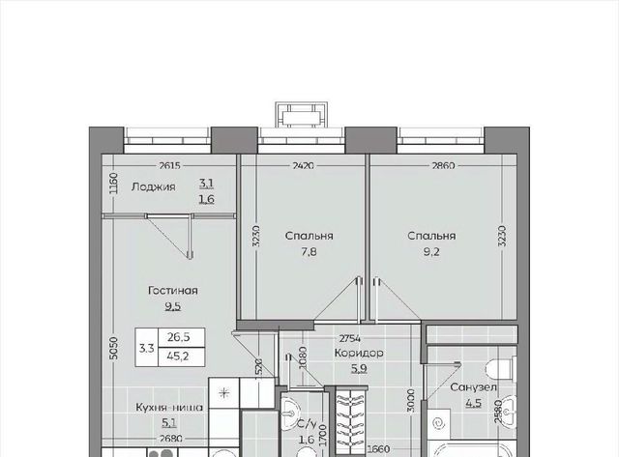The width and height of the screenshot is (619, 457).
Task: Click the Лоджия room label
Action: pyautogui.click(x=153, y=186)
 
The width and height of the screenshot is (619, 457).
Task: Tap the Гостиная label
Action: pyautogui.click(x=173, y=291)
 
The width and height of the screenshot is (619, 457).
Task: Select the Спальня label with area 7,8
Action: pyautogui.click(x=309, y=236)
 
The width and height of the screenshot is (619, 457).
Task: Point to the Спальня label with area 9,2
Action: pyautogui.click(x=431, y=236)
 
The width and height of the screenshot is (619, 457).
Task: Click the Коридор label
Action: pyautogui.click(x=359, y=353)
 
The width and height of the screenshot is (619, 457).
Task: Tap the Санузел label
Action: pyautogui.click(x=473, y=387)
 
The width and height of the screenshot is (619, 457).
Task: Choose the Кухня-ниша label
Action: pyautogui.click(x=169, y=408)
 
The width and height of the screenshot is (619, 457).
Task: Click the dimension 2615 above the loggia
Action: pyautogui.click(x=170, y=166)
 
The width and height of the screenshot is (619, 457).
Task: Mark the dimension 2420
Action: pyautogui.click(x=303, y=166)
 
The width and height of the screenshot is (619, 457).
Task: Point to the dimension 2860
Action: pyautogui.click(x=443, y=166)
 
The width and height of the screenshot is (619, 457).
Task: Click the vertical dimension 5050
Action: pyautogui.click(x=113, y=348)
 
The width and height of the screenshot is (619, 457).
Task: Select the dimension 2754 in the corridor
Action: pyautogui.click(x=351, y=338)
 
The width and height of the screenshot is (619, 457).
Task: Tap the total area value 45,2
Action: pyautogui.click(x=178, y=357)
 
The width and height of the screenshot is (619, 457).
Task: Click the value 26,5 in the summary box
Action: pyautogui.click(x=178, y=337)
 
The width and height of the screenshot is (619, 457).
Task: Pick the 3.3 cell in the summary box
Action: pyautogui.click(x=146, y=348)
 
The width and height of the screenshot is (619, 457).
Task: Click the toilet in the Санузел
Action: pyautogui.click(x=501, y=369)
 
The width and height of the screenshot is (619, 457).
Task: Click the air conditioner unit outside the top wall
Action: pyautogui.click(x=302, y=115)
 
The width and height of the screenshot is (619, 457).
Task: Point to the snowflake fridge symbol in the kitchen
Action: pyautogui.click(x=224, y=392)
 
